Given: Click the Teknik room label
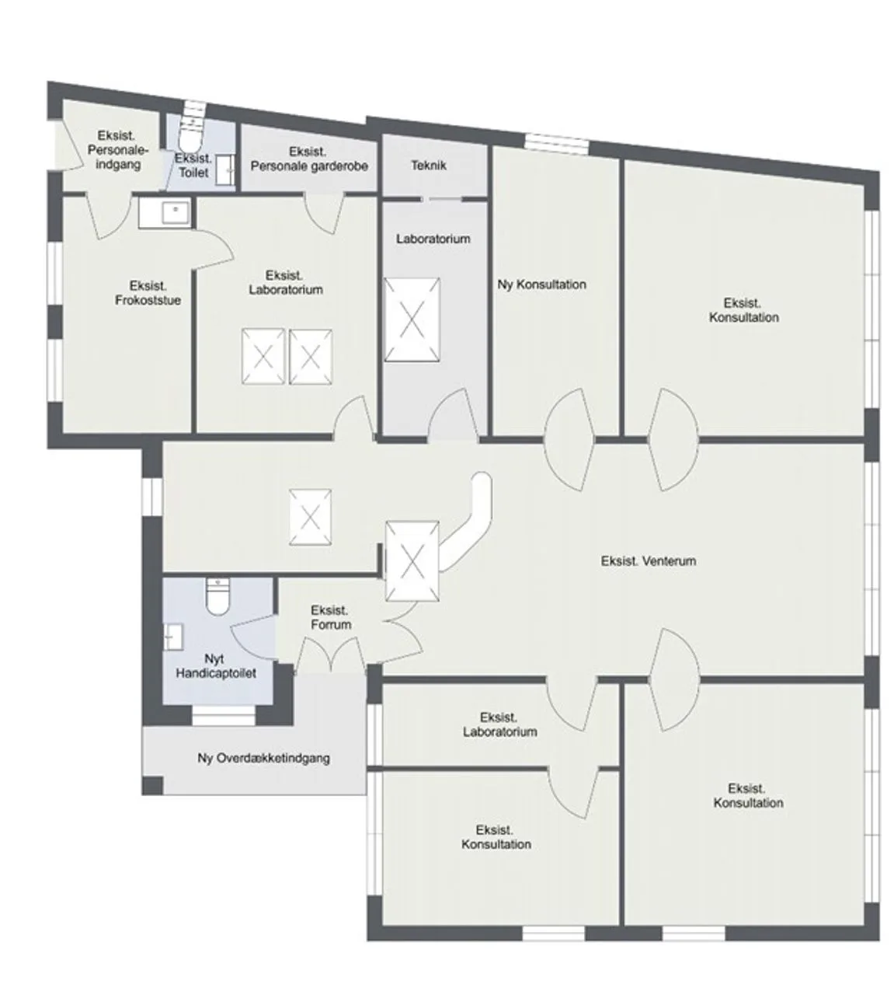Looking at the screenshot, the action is tap(429, 165).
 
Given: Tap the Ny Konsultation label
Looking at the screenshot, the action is tap(541, 285).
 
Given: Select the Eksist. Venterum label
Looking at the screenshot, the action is tap(648, 561).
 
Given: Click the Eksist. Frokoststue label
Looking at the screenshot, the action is tap(148, 292).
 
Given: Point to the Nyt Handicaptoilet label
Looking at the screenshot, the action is tap(216, 665).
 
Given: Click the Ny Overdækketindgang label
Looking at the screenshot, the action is tap(263, 759).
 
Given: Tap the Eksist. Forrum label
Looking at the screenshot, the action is tap(331, 617).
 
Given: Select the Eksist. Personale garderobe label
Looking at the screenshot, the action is tap(309, 159).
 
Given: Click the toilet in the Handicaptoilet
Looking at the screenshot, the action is tap(217, 597).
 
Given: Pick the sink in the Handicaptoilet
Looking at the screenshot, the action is tap(173, 637).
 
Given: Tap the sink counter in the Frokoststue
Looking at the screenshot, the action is tap(164, 213).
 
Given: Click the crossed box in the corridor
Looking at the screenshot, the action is tap(311, 518).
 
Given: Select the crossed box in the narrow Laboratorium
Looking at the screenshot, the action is tap(412, 319).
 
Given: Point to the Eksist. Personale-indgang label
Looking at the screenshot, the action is tap(118, 150).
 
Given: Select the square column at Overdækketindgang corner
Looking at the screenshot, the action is tap(153, 785).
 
